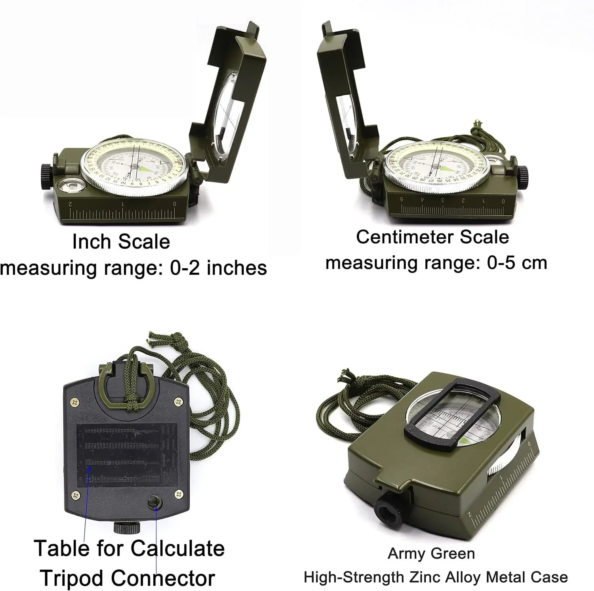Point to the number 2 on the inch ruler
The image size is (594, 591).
(x=70, y=204)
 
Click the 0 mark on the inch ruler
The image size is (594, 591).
(x=175, y=204)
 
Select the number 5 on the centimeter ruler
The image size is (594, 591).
(x=402, y=199)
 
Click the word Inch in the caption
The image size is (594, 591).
(x=87, y=242)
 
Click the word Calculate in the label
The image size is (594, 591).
(x=177, y=549)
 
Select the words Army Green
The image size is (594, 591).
(x=431, y=553)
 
